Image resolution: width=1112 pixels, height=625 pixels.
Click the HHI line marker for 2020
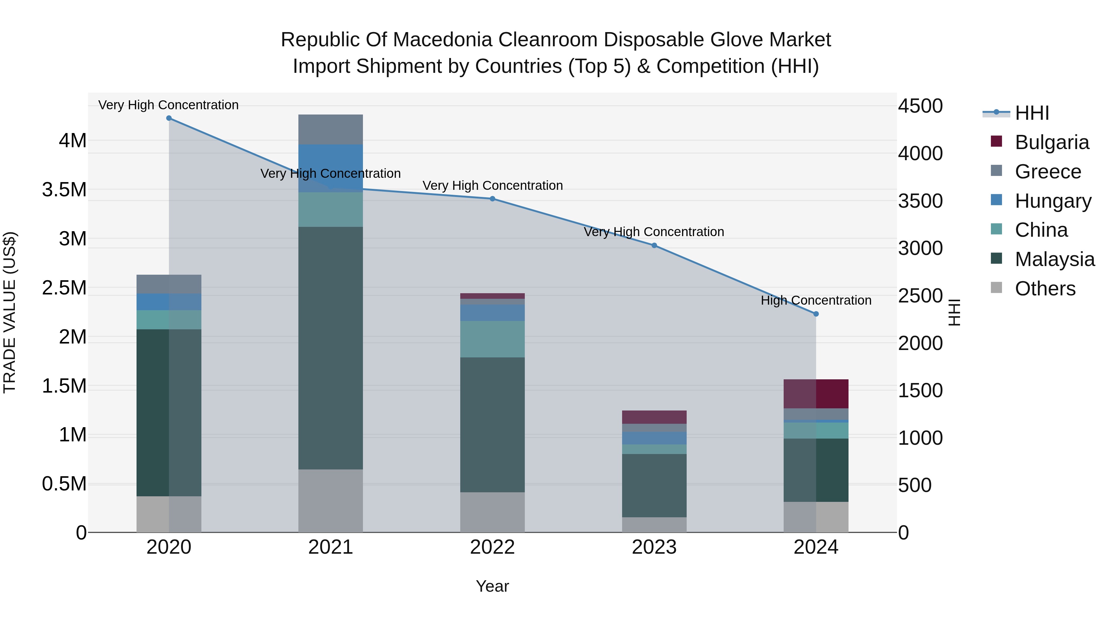point(169,118)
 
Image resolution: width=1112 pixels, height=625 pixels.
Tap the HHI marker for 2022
point(492,199)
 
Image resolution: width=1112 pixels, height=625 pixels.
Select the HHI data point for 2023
point(654,245)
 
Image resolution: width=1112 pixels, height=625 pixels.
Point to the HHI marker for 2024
point(816,314)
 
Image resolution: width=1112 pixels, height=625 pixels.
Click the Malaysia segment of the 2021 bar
point(330,347)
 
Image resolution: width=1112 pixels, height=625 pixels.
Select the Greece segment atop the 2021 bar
point(330,129)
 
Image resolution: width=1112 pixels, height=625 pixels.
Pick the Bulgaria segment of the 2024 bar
point(816,394)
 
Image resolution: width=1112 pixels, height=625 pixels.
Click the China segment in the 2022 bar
point(492,339)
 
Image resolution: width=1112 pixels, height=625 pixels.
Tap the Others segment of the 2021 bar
point(330,500)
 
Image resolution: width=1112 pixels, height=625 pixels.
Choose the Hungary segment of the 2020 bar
point(169,302)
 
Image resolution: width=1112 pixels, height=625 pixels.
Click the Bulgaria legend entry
point(1051,142)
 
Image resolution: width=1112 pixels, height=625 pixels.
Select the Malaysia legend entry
point(1054,259)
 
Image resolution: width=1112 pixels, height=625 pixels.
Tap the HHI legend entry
point(1032,113)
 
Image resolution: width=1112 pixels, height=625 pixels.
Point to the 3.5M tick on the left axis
point(64,190)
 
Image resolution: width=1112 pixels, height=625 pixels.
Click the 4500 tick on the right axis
point(920,106)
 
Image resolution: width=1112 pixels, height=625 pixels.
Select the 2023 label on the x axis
point(654,547)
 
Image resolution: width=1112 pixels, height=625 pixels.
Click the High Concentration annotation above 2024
point(816,300)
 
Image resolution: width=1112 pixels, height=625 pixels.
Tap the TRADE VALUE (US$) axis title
point(10,312)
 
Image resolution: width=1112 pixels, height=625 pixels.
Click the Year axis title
point(492,586)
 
